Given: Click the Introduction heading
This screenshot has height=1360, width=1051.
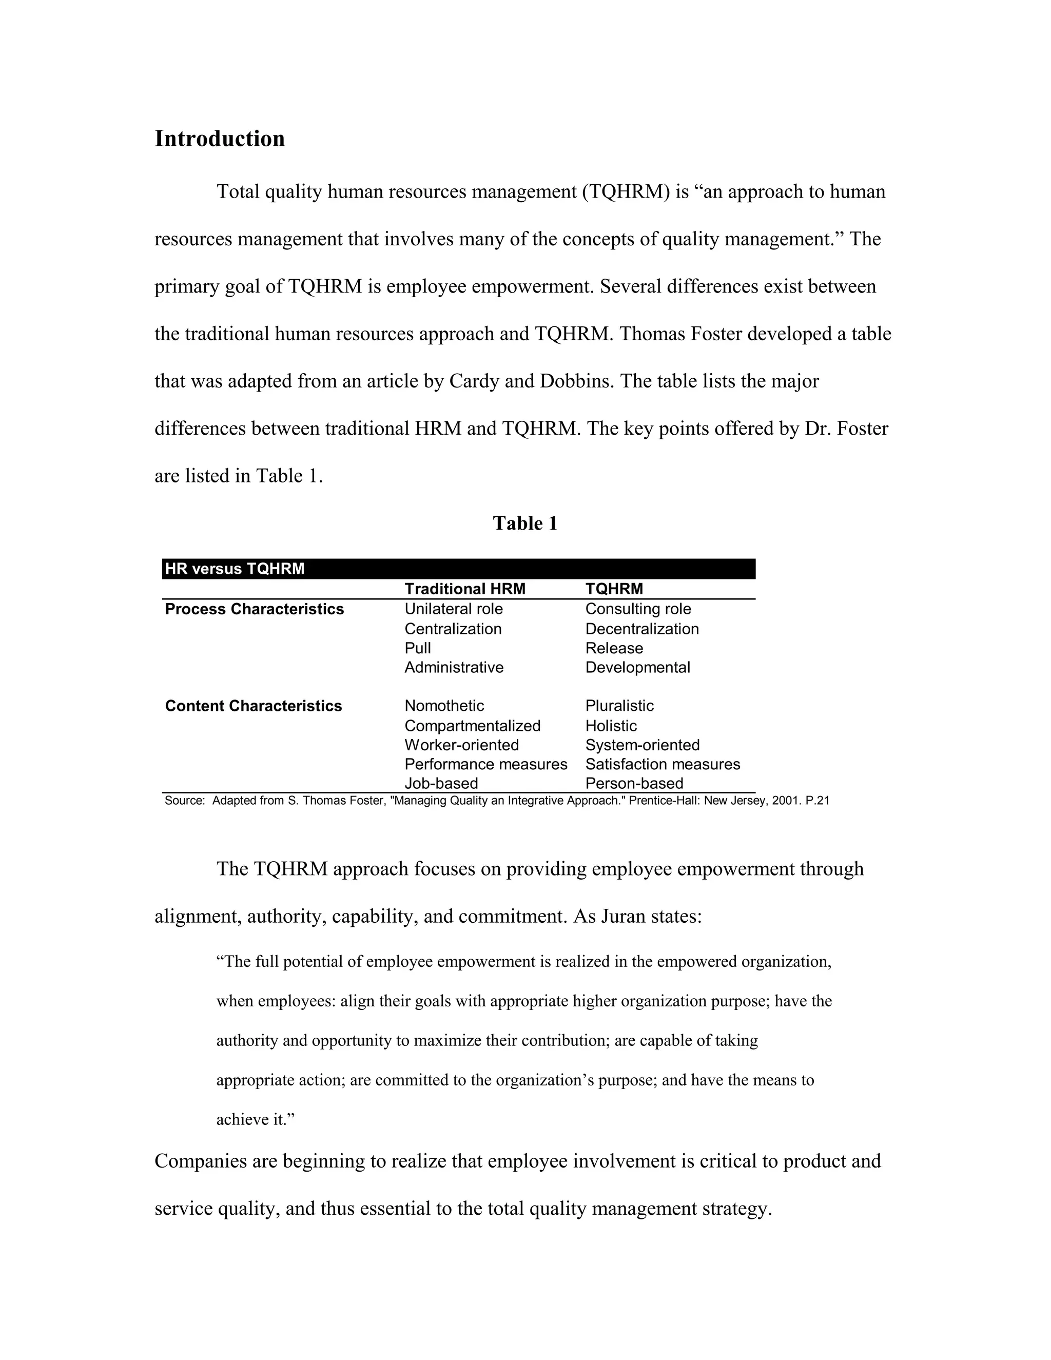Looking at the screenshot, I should coord(219,139).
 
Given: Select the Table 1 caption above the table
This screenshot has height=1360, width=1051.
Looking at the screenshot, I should coord(524,523).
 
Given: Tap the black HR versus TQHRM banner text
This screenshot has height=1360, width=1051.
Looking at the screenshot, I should coord(234,569).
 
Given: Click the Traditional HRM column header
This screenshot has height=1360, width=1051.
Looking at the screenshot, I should coord(464,589).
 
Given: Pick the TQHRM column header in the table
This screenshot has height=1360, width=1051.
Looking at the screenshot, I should coord(613,589).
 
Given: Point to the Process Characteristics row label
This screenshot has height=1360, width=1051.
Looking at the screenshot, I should coord(254,609).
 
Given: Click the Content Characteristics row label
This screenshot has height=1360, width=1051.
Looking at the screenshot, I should coord(254,706).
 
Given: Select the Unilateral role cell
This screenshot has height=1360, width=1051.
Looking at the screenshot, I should coord(453,609).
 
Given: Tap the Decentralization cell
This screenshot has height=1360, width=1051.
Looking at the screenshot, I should coord(641,629).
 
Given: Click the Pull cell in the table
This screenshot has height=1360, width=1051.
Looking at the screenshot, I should coord(417,648).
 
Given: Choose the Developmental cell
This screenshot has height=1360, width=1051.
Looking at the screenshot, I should coord(637,668).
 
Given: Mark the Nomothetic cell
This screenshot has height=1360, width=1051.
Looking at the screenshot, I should coord(444,706).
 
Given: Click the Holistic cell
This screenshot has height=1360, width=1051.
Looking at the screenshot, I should coord(611,726).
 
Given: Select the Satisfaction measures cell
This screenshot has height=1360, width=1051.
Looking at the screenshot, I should coord(662,765).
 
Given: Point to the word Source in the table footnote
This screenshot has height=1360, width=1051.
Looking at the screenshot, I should coord(184,801).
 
